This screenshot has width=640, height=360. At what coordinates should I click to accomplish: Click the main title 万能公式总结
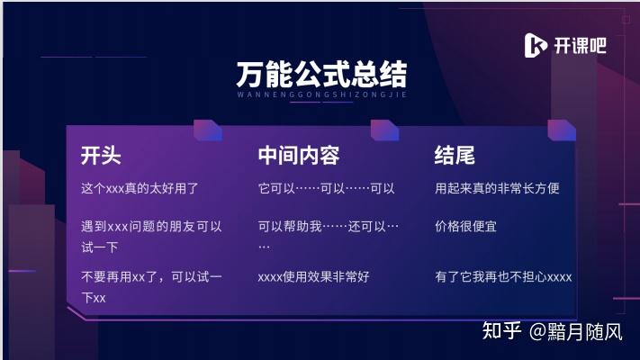coord(321,75)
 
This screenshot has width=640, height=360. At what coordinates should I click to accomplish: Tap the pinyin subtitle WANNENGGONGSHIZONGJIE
coord(322,94)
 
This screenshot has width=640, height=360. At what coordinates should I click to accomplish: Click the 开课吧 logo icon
coord(535,45)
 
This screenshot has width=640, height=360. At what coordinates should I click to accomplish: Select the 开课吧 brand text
coord(580,45)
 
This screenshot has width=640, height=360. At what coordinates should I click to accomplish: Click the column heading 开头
coord(101,155)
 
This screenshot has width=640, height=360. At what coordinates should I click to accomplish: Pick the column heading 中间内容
coord(299,155)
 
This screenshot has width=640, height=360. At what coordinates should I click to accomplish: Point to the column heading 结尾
coord(455,155)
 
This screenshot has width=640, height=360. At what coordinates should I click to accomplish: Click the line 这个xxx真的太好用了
coord(140,188)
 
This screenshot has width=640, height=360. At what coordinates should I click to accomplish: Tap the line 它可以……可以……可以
coord(327,188)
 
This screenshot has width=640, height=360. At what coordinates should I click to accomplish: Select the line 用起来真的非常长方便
coord(497,188)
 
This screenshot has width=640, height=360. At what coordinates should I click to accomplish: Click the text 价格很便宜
coord(465,226)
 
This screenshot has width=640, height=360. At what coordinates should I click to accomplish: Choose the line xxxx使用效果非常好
coord(313,277)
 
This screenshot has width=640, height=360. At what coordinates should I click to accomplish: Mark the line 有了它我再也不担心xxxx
coord(503,277)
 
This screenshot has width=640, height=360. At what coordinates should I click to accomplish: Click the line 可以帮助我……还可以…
coord(329,226)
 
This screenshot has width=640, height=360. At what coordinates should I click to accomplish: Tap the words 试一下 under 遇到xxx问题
coord(100,247)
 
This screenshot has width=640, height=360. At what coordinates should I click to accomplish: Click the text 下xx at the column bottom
coord(94,298)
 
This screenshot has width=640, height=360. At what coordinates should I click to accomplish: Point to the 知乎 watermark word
coord(501,330)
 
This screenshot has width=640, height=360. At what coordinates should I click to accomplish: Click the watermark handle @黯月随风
coord(575,331)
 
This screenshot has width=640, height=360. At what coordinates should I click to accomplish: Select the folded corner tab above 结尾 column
coord(562,130)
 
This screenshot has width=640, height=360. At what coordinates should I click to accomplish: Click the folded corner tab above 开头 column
coord(208,130)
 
